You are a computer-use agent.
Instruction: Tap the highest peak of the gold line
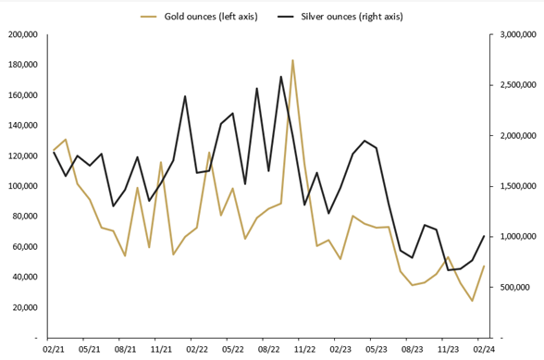point(292,60)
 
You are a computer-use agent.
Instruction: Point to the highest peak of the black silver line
point(280,77)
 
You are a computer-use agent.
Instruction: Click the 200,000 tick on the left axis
point(20,34)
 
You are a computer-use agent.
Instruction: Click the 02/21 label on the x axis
point(54,351)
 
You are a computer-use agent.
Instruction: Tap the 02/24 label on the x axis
point(484,351)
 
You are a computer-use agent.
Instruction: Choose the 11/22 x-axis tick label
point(304,351)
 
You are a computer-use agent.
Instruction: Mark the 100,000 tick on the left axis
point(20,186)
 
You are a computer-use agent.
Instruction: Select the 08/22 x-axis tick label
point(268,351)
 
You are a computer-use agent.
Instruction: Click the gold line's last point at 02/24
point(484,267)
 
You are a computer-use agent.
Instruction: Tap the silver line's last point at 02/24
point(484,236)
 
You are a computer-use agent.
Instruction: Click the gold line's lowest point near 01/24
point(472,301)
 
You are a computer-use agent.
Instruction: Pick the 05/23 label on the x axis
point(377,351)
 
